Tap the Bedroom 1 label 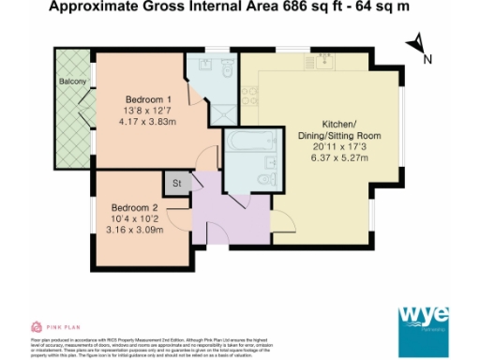click(x=148, y=99)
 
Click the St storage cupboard click(x=175, y=182)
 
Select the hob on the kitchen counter click(x=250, y=92)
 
